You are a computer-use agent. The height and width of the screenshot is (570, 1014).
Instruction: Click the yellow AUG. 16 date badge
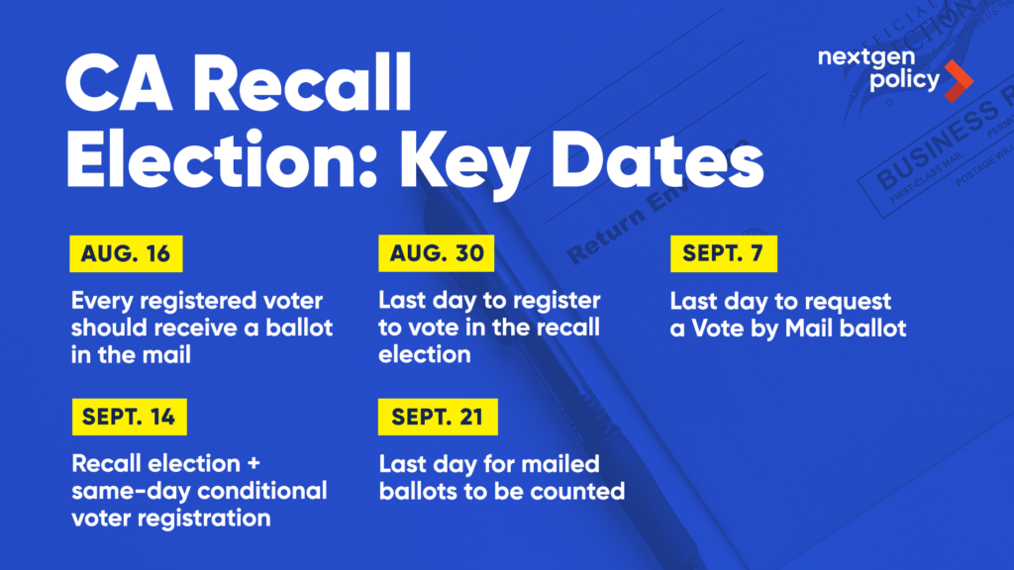(126, 253)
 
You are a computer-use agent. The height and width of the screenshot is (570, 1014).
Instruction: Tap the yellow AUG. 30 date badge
(437, 253)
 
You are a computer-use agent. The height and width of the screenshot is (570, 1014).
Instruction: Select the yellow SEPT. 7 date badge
(724, 253)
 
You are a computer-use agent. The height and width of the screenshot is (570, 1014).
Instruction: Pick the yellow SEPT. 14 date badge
(130, 417)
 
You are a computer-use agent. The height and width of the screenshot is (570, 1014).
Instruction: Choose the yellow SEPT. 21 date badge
(438, 417)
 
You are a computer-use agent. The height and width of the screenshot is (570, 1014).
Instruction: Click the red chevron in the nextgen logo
(959, 81)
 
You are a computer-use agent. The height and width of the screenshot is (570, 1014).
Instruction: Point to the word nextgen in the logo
(866, 58)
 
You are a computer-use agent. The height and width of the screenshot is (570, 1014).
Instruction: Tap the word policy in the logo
(905, 80)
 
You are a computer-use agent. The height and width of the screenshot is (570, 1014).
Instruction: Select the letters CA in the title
(119, 85)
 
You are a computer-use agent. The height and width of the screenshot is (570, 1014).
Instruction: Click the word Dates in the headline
(658, 160)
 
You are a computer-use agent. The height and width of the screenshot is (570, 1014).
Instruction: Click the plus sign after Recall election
(253, 464)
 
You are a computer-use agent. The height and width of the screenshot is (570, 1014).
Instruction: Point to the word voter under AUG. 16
(293, 301)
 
